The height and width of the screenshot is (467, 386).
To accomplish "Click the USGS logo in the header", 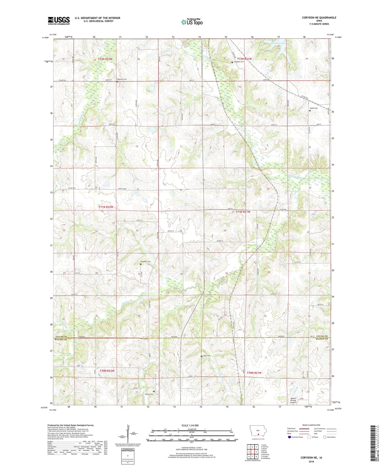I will pyautogui.click(x=59, y=21).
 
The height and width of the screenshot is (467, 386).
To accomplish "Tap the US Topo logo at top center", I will pyautogui.click(x=192, y=22).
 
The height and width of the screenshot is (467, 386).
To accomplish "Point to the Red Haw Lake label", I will pyautogui.click(x=278, y=43).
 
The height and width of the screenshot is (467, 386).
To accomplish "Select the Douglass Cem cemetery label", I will pyautogui.click(x=239, y=62).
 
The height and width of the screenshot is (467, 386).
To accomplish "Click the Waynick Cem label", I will pyautogui.click(x=122, y=79).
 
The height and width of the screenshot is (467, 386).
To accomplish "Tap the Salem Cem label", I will pyautogui.click(x=314, y=108).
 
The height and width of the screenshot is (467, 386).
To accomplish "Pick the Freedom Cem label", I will pyautogui.click(x=145, y=262).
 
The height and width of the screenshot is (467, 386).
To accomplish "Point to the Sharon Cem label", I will pyautogui.click(x=149, y=394).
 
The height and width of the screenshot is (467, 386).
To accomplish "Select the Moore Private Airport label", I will pyautogui.click(x=293, y=400).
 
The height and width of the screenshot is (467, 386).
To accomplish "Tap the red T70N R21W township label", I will pyautogui.click(x=254, y=373).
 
